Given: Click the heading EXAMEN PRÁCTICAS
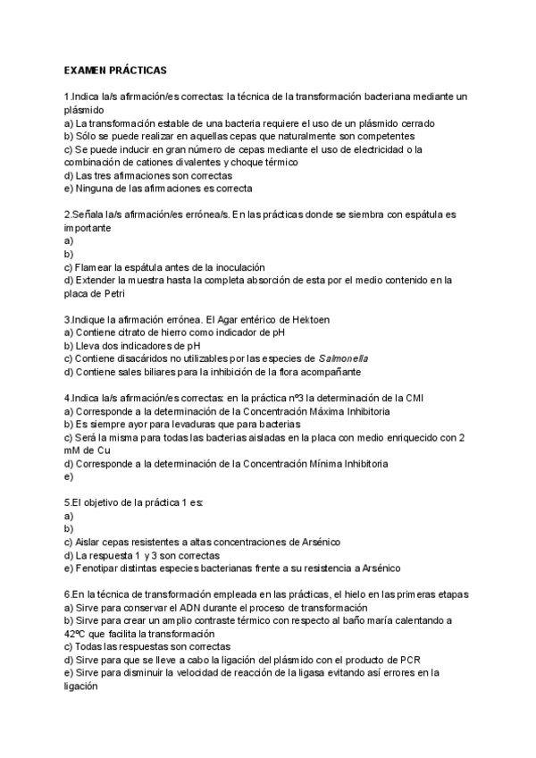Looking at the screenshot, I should point(115,69).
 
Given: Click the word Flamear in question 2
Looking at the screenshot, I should point(97,267).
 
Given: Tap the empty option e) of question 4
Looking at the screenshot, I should point(69,476).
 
